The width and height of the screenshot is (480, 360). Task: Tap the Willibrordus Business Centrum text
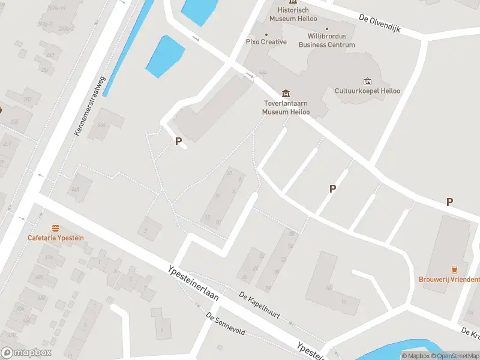coord(327,41)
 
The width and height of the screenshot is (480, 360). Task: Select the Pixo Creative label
coord(266,42)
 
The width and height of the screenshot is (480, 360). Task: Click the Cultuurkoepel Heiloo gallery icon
coord(367,82)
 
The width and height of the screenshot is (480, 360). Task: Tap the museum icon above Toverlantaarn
coord(286,94)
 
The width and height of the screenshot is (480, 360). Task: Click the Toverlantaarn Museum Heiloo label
coord(287,107)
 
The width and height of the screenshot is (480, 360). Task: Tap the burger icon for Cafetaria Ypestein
coord(56,228)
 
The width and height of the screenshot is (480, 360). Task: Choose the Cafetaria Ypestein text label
coord(56,238)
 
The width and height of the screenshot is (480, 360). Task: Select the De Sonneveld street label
coord(225,324)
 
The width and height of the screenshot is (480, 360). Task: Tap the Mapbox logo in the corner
coord(26,353)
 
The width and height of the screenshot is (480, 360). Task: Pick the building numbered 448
coord(75,190)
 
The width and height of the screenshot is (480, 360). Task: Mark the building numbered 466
coord(101,124)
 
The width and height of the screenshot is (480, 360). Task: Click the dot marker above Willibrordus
coord(327,28)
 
